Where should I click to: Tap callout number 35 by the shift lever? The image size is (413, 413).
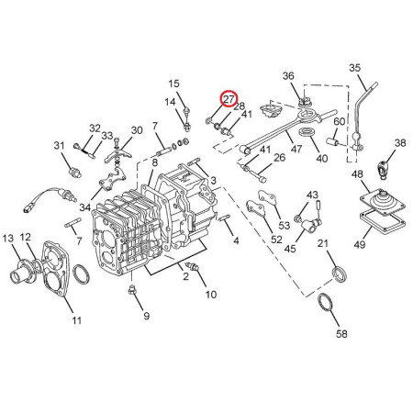[x=355, y=68]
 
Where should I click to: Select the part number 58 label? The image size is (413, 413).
[x=341, y=334]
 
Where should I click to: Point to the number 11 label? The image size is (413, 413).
[x=77, y=320]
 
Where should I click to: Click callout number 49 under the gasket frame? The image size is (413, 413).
[x=360, y=244]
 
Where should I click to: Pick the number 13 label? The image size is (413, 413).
[x=8, y=239]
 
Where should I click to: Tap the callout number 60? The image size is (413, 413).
[x=340, y=121]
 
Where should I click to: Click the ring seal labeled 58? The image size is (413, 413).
[x=325, y=302]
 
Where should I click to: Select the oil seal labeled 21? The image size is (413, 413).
[x=340, y=274]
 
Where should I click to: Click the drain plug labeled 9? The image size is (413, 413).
[x=132, y=289]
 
